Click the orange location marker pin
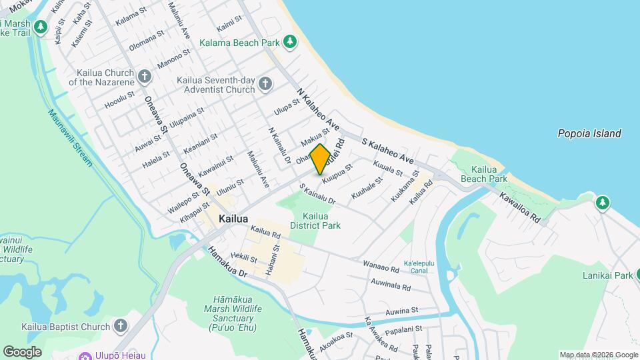(x=321, y=159)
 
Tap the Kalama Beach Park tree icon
(x=290, y=43)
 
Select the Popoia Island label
(x=589, y=133)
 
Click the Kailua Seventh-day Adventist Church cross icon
(x=265, y=83)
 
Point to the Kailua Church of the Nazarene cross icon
(x=144, y=76)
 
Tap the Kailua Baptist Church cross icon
(x=120, y=326)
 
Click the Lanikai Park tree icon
(x=639, y=275)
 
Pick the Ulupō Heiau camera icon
(x=85, y=355)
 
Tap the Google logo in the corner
(x=22, y=352)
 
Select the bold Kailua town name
(x=233, y=219)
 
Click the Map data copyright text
(x=598, y=355)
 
